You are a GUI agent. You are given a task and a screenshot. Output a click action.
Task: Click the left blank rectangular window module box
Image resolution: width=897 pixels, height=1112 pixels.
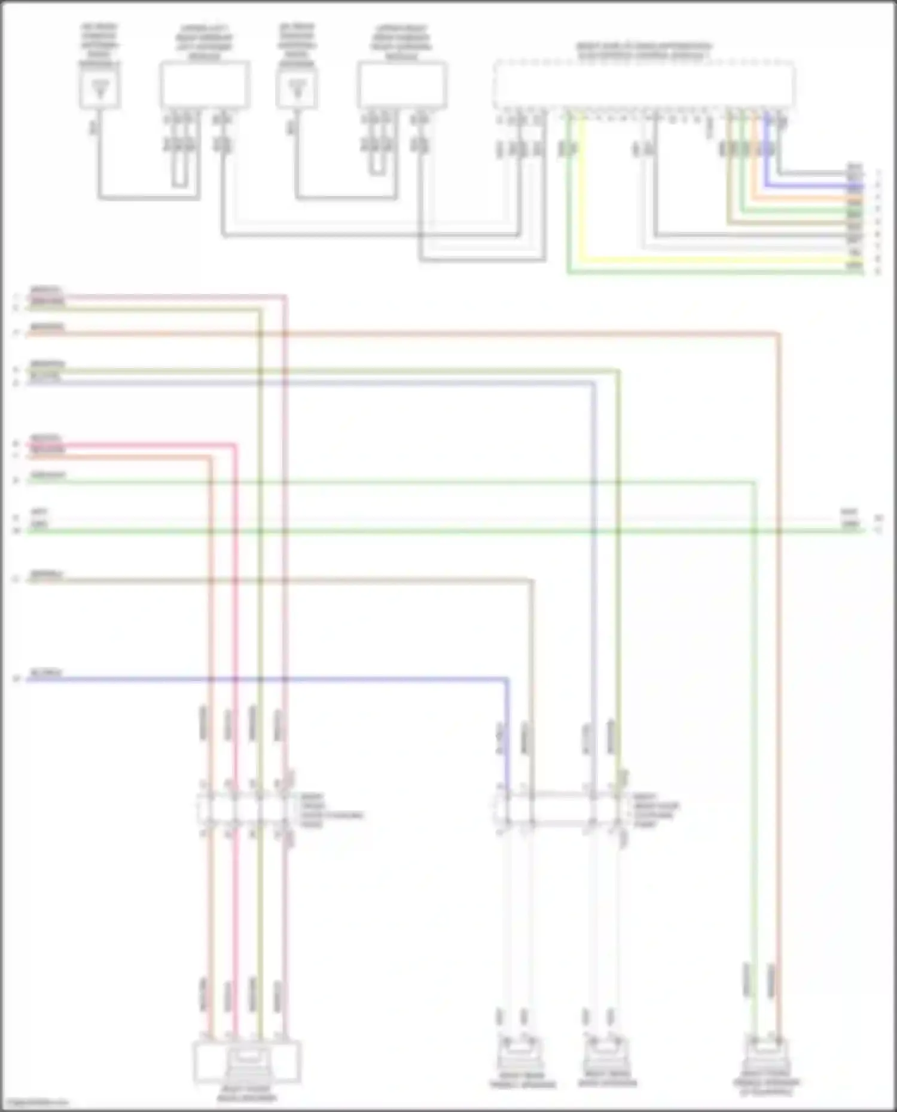(205, 84)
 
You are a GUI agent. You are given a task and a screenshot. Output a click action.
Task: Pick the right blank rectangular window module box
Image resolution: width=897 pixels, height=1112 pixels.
(402, 84)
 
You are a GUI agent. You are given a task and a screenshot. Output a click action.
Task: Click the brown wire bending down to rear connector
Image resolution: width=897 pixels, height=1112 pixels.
(299, 579)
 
